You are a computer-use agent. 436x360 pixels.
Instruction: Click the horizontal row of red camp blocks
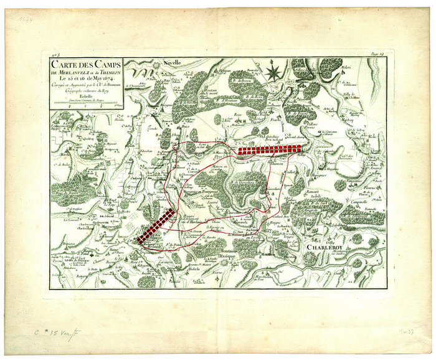click(x=269, y=149)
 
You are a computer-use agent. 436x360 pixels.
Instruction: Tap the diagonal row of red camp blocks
click(x=155, y=225)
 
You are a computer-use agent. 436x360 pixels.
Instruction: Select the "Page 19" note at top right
click(x=377, y=56)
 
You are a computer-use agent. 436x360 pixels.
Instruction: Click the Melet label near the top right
click(x=346, y=66)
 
